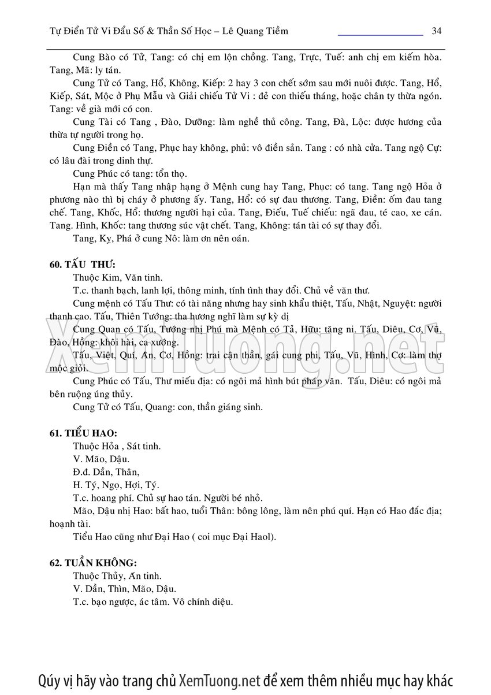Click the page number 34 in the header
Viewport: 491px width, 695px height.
pyautogui.click(x=436, y=31)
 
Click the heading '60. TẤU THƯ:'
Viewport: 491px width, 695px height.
pyautogui.click(x=83, y=265)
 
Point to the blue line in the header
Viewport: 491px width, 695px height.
pyautogui.click(x=380, y=35)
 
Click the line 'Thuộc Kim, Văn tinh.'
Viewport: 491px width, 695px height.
pyautogui.click(x=118, y=277)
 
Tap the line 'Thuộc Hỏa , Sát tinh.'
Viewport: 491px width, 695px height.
pyautogui.click(x=117, y=446)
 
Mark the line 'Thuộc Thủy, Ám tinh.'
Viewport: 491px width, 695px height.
pyautogui.click(x=117, y=576)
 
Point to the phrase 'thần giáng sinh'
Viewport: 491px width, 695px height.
pyautogui.click(x=233, y=407)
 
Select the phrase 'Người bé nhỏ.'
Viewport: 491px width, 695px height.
pyautogui.click(x=234, y=497)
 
